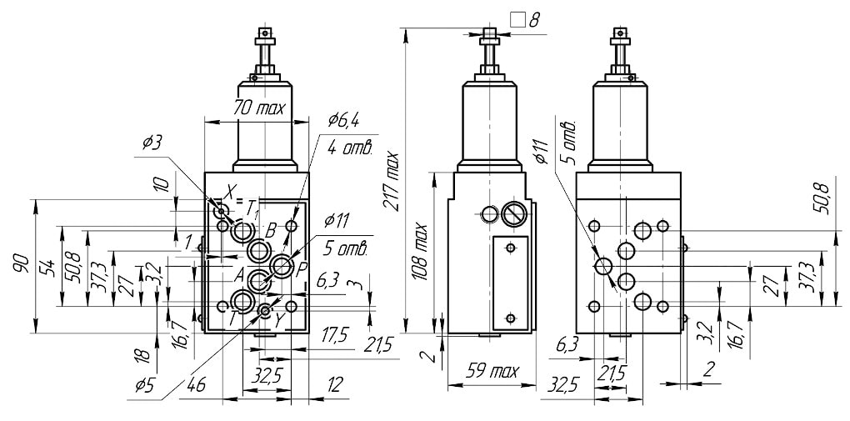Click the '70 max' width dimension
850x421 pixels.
point(258,108)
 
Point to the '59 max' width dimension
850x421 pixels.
point(492,372)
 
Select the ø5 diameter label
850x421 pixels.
point(145,386)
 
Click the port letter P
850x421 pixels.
point(301,268)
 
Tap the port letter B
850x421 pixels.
point(271,233)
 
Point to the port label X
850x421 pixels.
point(231,191)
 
